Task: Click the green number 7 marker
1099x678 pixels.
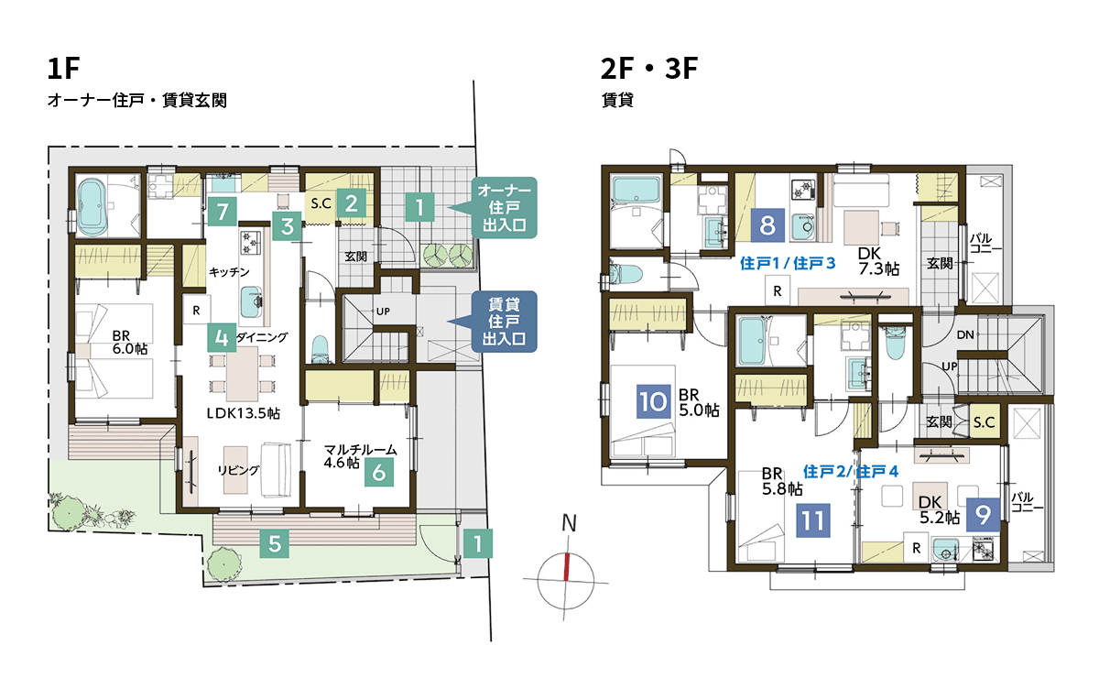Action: coord(223,212)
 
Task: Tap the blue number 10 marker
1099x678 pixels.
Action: coord(654,401)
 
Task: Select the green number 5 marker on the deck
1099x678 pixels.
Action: coord(274,543)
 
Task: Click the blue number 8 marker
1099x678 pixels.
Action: coord(767,225)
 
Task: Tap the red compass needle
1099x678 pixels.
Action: coord(567,567)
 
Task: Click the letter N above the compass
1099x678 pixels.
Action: coord(569,523)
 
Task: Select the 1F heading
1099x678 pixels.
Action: coord(63,68)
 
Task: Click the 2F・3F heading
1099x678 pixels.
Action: coord(649,68)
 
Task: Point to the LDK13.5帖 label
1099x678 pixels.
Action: coord(243,413)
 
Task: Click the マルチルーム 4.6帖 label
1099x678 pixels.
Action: coord(360,456)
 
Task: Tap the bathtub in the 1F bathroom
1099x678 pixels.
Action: coord(92,207)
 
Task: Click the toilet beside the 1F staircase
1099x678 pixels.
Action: coord(320,348)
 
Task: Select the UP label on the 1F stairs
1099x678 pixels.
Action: coord(383,312)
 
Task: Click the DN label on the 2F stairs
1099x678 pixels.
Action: coord(965,334)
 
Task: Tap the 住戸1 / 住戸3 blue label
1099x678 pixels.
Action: coord(788,264)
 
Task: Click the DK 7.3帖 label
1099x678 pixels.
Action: coord(878,261)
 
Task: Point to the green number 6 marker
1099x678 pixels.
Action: coord(379,472)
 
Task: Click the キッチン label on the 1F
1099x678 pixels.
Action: coord(229,272)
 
